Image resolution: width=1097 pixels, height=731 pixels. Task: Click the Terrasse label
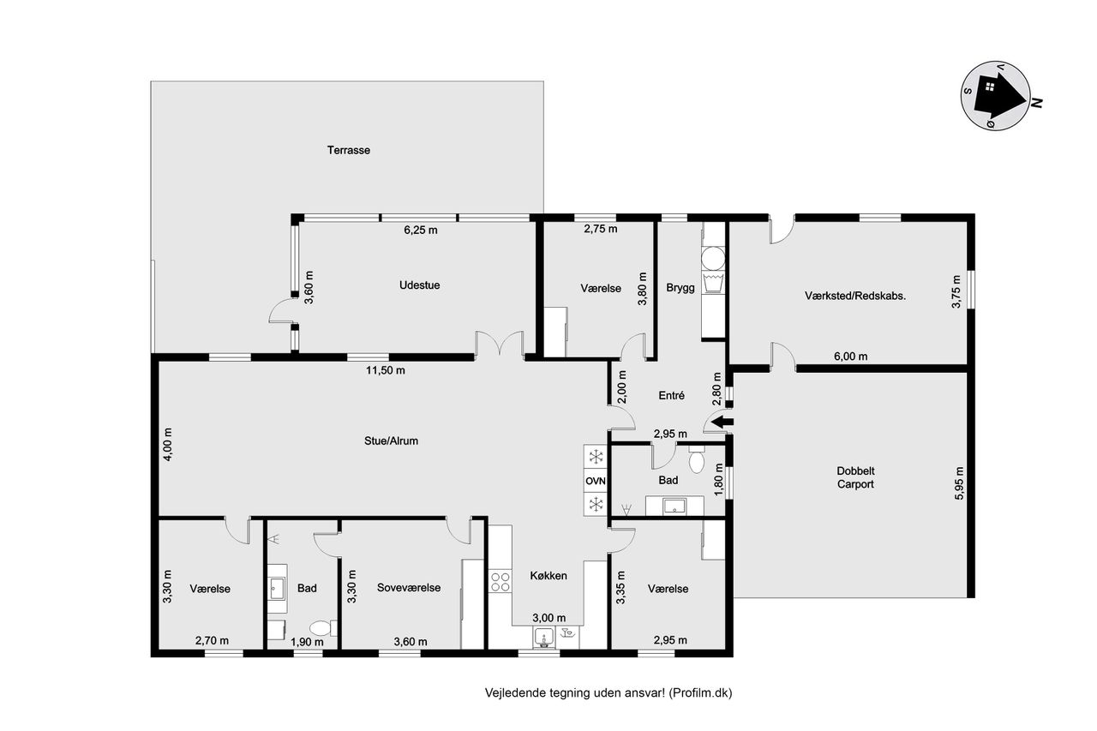point(348,150)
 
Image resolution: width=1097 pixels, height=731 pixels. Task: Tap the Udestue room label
point(419,285)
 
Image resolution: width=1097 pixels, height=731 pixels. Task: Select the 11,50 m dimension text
point(386,370)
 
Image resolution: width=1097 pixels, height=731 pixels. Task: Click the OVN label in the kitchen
point(596,481)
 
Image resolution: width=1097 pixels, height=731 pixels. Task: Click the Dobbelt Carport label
point(855,477)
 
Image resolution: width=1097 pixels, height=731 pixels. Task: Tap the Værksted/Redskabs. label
point(855,296)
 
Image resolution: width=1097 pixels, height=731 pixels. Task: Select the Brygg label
point(680,288)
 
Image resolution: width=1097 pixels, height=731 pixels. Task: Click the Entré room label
point(671,395)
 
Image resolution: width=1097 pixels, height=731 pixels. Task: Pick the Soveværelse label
point(409,588)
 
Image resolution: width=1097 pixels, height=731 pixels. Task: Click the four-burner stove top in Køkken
point(500,582)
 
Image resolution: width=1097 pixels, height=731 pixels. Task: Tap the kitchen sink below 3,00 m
point(543,638)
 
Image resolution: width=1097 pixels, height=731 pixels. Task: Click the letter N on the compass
point(1037,103)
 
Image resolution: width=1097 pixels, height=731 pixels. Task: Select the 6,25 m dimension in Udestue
point(421,230)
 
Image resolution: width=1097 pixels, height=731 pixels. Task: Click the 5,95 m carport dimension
point(959,483)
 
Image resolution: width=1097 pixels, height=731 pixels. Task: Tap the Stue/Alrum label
point(391,440)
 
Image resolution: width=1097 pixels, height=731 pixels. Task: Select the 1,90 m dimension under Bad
point(307,641)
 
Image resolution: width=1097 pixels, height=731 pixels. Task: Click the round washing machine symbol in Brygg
point(712,258)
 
